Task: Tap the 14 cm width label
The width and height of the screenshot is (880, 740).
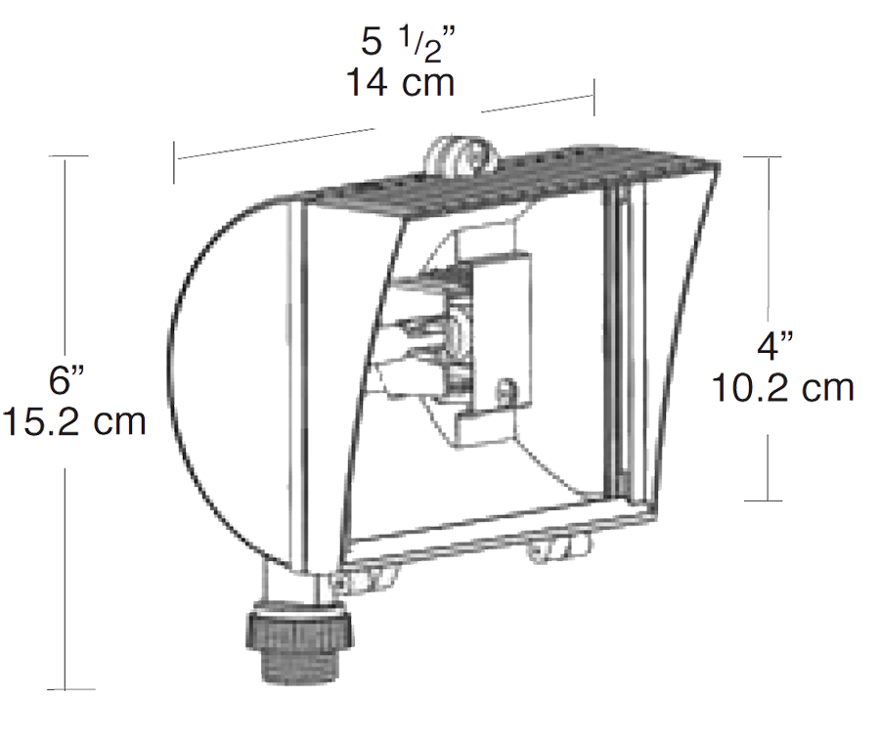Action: point(401,83)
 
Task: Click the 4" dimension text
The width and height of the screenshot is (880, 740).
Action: point(780,349)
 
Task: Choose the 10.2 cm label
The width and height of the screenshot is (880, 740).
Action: point(782,388)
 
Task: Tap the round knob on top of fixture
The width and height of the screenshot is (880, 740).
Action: point(458,154)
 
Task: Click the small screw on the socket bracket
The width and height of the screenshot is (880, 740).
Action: point(506,389)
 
